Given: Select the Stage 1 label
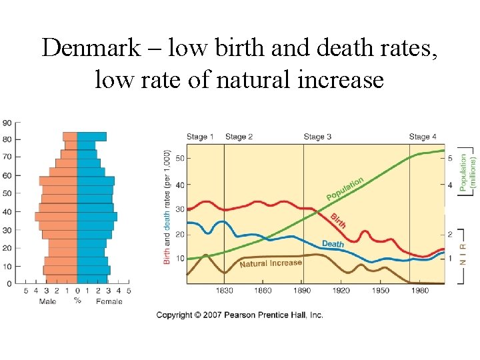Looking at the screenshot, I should (200, 137).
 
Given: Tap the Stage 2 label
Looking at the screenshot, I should (239, 137).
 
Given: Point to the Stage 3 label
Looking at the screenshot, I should (317, 137).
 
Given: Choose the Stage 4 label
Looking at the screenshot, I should (423, 137).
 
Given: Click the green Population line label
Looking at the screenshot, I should (345, 189).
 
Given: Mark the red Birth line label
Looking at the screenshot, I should (338, 221).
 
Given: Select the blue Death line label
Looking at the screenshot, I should (333, 244).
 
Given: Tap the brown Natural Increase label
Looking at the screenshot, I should (271, 263).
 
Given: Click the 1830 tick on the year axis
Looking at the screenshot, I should (224, 291).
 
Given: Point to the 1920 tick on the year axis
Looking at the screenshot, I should (341, 291).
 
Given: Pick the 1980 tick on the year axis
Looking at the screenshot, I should (419, 291).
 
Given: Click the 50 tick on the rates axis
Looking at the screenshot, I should (179, 159).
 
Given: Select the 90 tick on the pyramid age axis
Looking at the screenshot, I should (7, 123).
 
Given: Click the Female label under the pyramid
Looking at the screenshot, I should (109, 301).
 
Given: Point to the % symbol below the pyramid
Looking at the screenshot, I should (77, 301).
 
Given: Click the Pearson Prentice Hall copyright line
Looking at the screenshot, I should (239, 315).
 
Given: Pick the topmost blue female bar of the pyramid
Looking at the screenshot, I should (91, 136).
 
